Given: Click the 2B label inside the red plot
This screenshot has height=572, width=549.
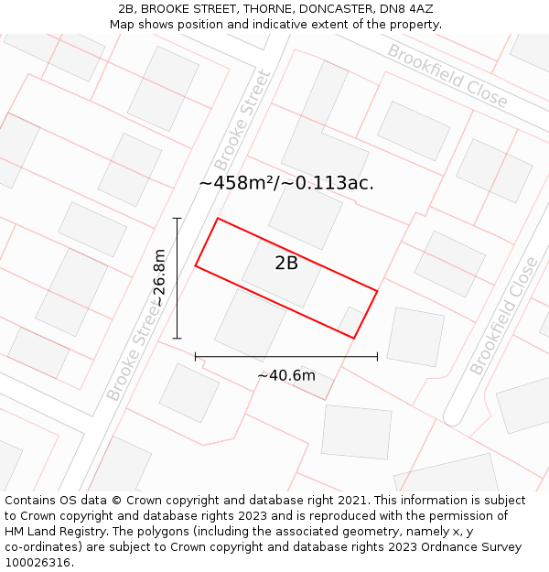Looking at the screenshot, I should pos(286,264).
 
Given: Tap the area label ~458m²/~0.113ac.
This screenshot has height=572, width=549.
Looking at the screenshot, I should pos(286,183).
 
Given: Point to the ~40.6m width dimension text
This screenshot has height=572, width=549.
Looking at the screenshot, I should pos(286,375).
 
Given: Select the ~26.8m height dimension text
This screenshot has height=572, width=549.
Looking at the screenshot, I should pos(160,278).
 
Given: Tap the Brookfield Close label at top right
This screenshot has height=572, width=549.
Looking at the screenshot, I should pos(447,75).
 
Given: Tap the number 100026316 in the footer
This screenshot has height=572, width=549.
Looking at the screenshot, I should pos(38,563).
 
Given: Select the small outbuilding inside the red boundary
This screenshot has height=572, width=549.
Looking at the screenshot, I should pos(350,321).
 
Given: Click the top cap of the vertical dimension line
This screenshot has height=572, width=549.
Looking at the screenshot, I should pos(177,219).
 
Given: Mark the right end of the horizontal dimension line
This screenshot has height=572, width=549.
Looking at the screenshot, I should pos(377,356).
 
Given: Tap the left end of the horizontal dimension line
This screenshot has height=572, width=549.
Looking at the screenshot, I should pos(195,356).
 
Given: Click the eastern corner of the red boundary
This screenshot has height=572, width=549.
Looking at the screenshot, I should pos(377,292).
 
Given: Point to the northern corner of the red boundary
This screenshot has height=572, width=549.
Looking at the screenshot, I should pos(217,219).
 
